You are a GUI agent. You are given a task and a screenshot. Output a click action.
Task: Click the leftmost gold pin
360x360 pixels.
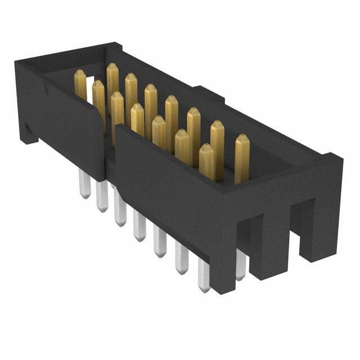[80, 84]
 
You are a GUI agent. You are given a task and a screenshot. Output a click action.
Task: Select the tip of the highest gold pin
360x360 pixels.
[112, 67]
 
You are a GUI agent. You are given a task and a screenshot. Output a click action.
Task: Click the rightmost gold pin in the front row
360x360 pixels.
[206, 160]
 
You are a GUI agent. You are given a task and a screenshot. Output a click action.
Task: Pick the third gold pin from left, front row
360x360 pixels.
[137, 118]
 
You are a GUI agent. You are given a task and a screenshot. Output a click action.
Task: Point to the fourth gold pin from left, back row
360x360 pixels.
[150, 101]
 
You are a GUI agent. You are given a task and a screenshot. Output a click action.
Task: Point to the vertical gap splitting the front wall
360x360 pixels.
[109, 152]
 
